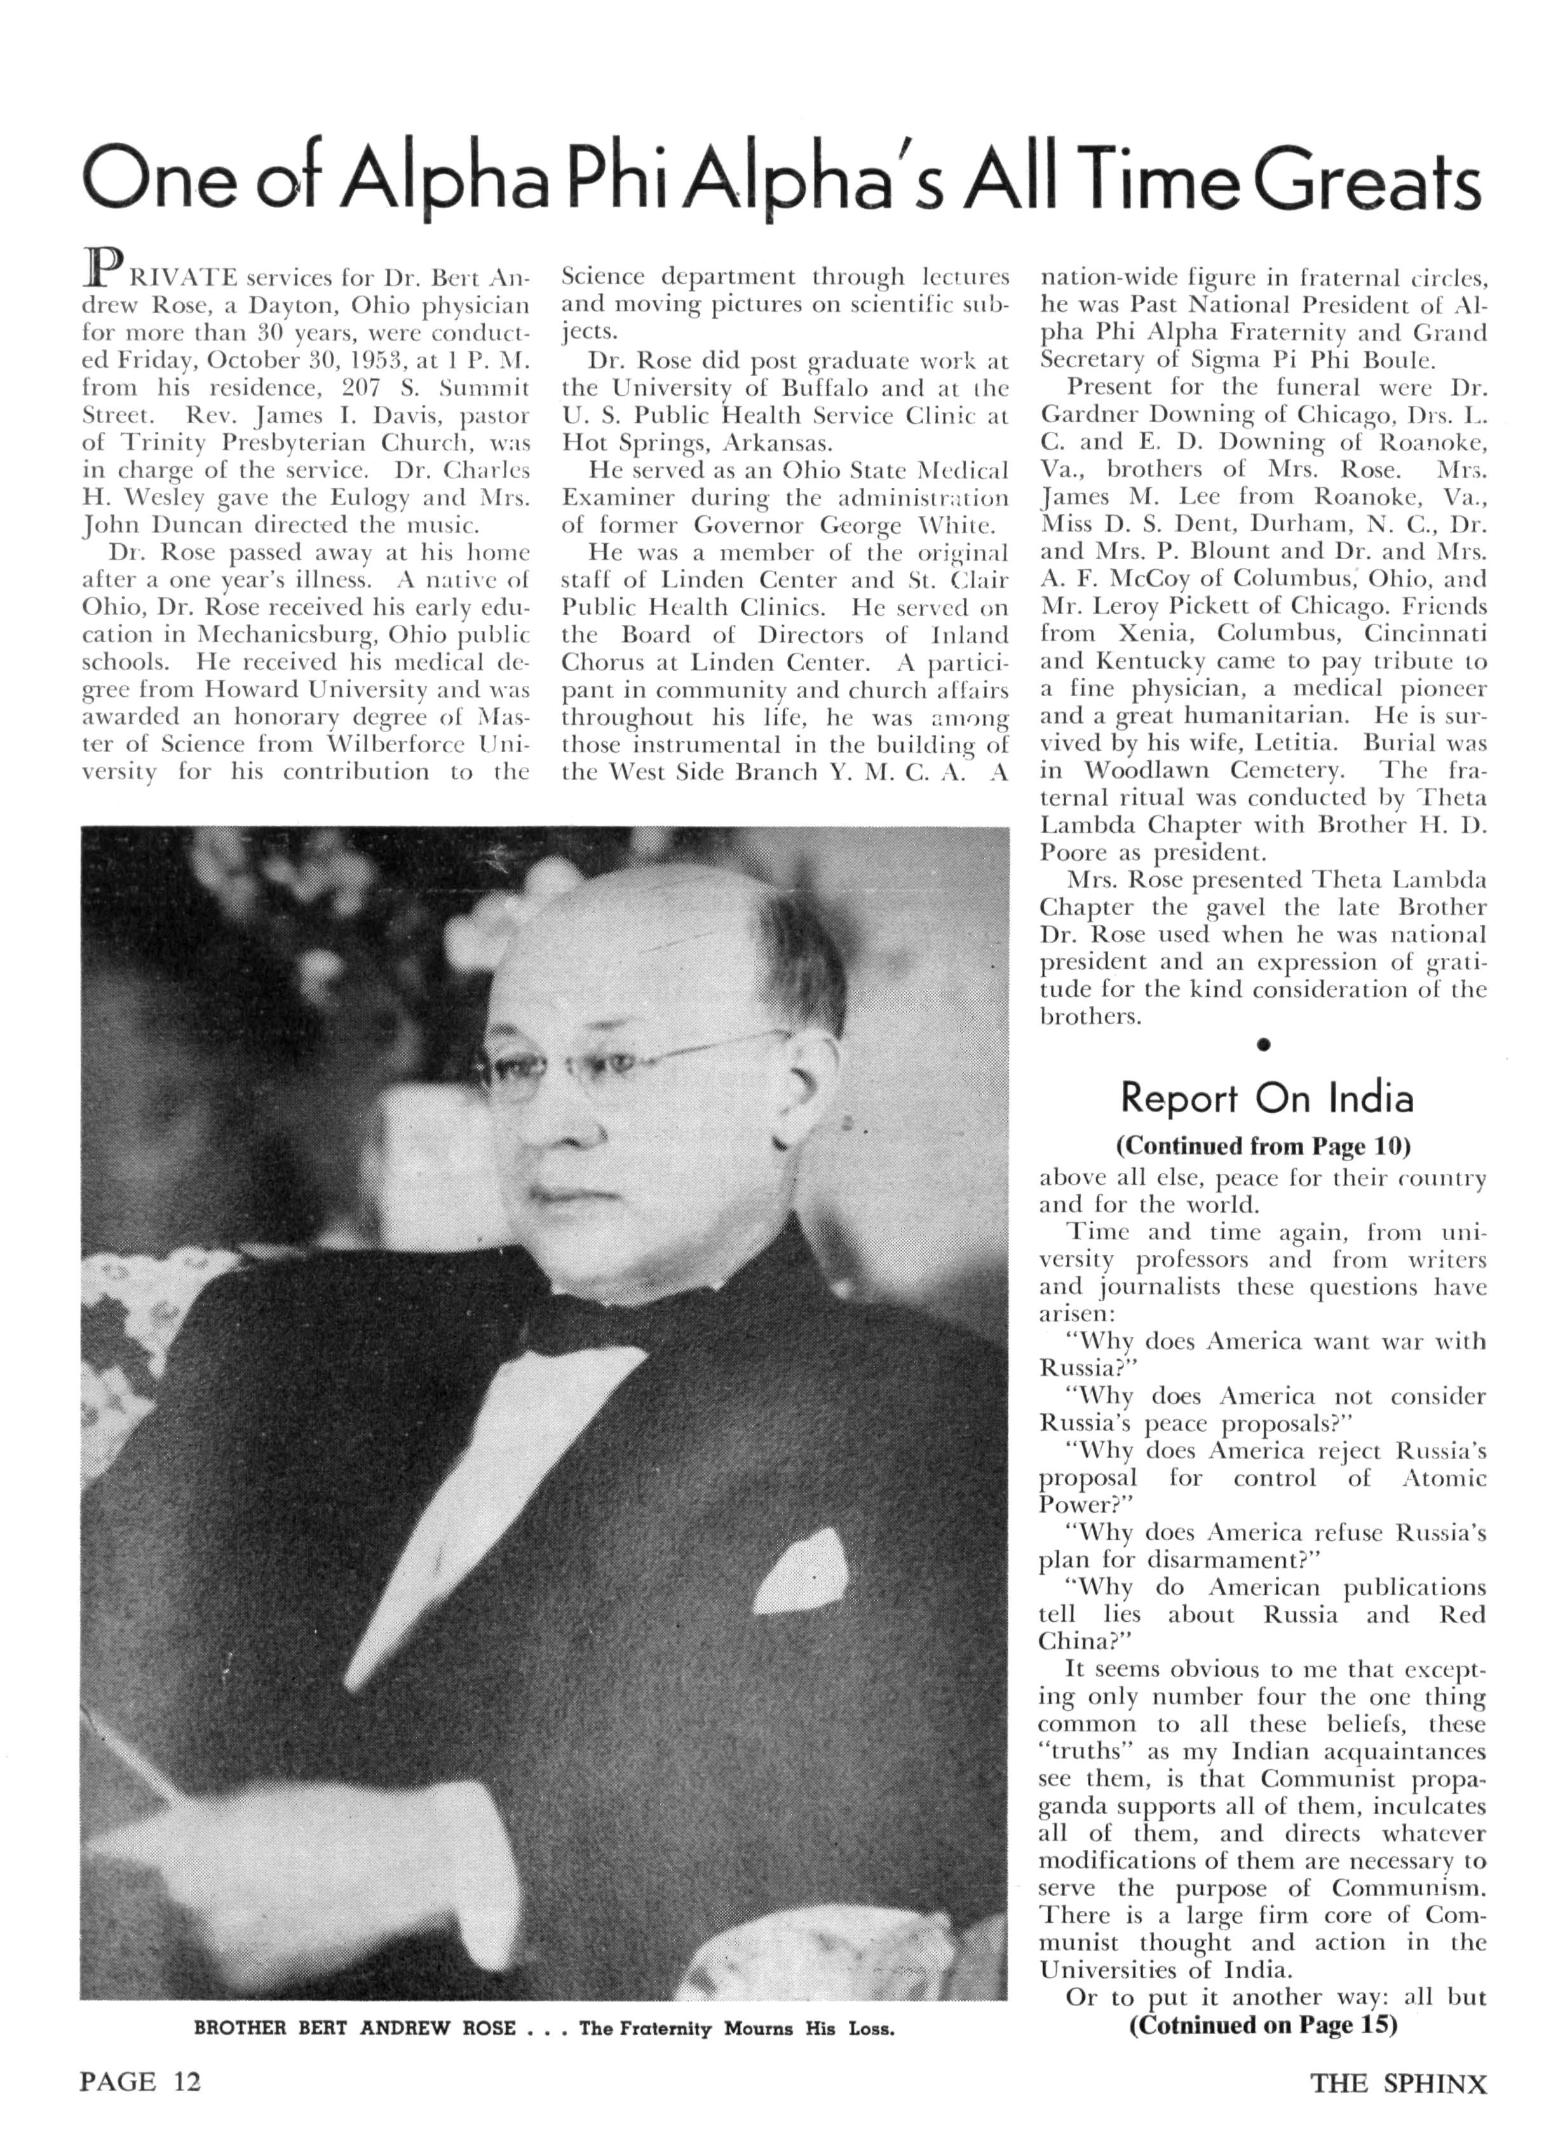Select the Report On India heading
click(1266, 1098)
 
